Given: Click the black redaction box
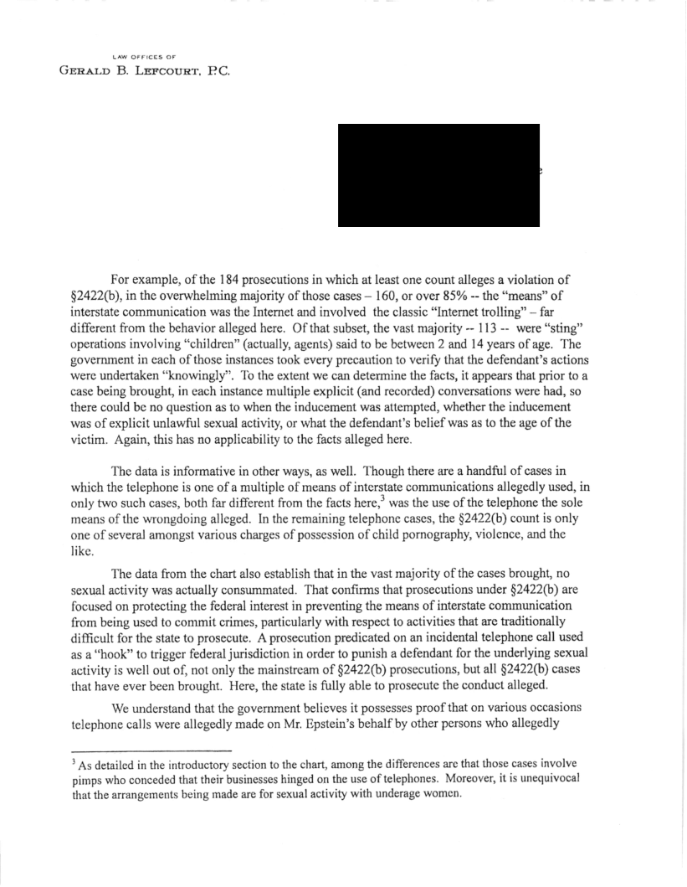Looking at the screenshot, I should [x=438, y=175].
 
